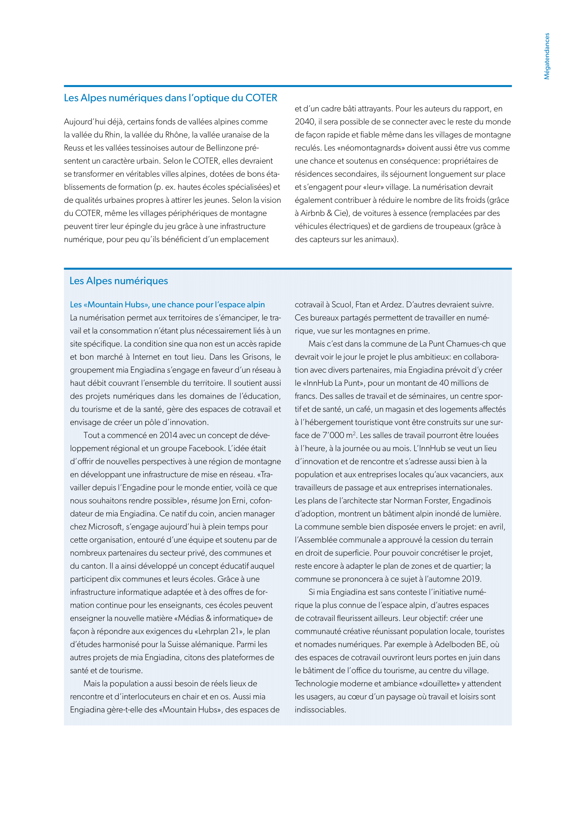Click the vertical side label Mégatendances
[546, 56]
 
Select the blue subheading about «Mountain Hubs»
[167, 305]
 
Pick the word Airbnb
[312, 213]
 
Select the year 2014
[168, 435]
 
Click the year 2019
[472, 579]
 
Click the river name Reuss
[74, 148]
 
